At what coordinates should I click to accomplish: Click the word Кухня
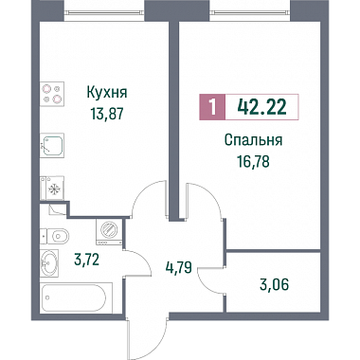107,94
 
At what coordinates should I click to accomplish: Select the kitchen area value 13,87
106,114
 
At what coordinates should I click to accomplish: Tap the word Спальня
253,140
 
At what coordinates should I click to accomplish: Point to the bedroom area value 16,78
254,161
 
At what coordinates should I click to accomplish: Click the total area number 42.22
262,107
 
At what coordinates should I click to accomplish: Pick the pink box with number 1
212,107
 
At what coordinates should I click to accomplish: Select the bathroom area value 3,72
86,260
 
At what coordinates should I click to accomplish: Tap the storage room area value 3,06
275,285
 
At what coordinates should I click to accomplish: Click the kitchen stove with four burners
52,94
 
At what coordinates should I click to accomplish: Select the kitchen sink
52,145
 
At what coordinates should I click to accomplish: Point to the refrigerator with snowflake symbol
52,189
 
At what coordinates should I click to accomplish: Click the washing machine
109,232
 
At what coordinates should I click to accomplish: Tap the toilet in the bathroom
55,235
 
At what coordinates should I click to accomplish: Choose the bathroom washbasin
49,261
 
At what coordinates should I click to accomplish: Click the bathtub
76,298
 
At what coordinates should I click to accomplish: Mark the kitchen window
104,12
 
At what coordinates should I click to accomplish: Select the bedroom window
250,12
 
